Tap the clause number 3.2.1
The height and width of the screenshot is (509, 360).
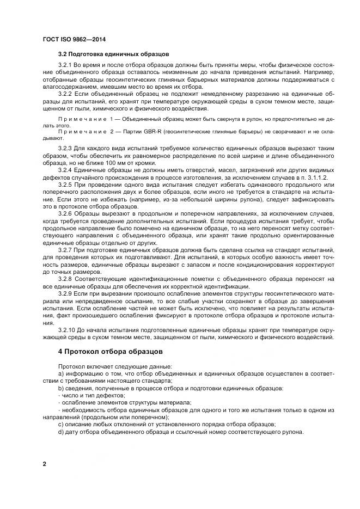click(x=65, y=65)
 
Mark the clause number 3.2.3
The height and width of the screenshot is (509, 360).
click(x=65, y=148)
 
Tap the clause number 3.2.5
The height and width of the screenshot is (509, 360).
click(x=65, y=185)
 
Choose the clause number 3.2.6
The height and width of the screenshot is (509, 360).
click(x=65, y=214)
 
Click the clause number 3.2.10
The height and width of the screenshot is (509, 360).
click(x=67, y=330)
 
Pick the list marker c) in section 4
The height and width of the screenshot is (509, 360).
click(x=61, y=424)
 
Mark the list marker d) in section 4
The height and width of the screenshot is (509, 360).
click(x=61, y=432)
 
